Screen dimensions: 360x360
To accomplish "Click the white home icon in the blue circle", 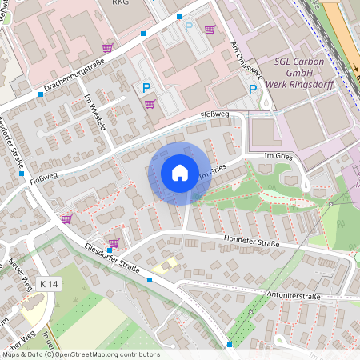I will pyautogui.click(x=180, y=173).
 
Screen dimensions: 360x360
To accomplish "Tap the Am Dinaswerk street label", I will pyautogui.click(x=245, y=60).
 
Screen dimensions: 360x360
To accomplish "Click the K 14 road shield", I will pyautogui.click(x=49, y=283).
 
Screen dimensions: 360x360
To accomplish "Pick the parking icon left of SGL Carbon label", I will pyautogui.click(x=253, y=90).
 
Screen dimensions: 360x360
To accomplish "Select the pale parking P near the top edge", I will pyautogui.click(x=189, y=26).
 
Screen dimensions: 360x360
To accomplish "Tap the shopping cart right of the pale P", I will pyautogui.click(x=210, y=30).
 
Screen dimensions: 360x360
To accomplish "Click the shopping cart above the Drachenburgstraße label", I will pyautogui.click(x=107, y=48).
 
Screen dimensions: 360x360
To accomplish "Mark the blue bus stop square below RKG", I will pyautogui.click(x=143, y=34).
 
